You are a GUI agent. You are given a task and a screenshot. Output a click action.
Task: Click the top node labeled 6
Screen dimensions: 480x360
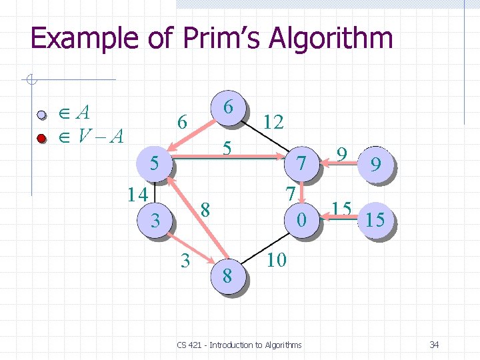coord(227,107)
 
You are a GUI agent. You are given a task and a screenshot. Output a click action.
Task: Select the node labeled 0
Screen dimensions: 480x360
coord(303,218)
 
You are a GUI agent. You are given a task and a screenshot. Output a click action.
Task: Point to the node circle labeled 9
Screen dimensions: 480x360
coord(375,165)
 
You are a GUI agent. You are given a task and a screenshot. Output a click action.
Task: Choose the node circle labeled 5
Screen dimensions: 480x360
coord(154,163)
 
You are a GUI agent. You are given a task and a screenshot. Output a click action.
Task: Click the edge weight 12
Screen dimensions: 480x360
coord(273,121)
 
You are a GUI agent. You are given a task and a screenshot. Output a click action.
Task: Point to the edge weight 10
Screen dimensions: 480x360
coord(276,259)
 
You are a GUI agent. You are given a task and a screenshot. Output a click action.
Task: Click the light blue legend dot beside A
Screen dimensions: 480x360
coord(41,115)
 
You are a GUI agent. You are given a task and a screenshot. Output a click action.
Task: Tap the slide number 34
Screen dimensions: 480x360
coord(434,345)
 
